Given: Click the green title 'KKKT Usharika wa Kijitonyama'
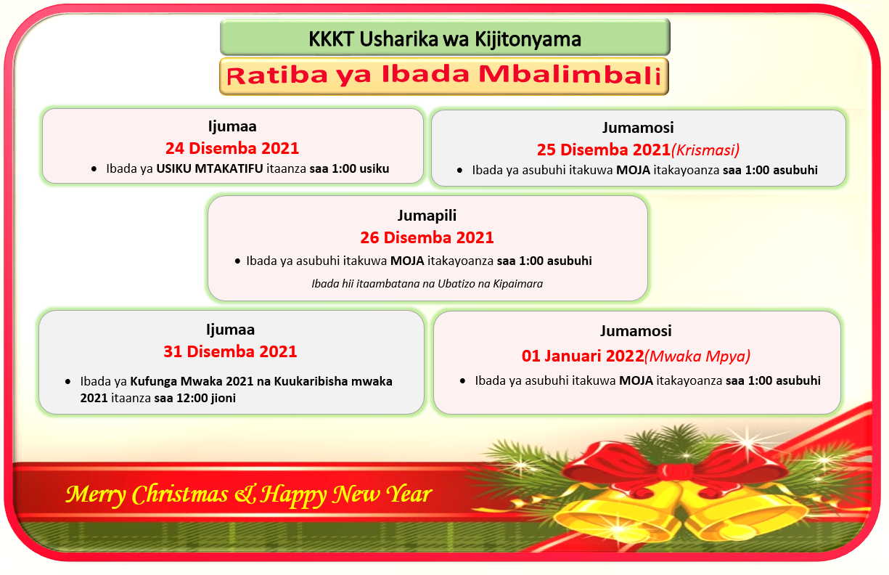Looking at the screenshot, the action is pos(445,39).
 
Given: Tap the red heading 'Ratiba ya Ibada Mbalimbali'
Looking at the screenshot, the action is pos(443,75).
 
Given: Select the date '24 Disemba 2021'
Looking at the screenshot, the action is pos(232,148).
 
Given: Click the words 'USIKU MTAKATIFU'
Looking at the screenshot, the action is pos(210,168).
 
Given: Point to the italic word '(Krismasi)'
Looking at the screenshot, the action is pos(705,150).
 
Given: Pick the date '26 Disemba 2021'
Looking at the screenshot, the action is pos(427,237).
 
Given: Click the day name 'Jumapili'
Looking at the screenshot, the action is pos(427,216).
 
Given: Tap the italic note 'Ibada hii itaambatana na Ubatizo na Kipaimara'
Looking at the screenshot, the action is pos(427,284).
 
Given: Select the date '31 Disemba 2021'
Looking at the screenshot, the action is pos(230,351).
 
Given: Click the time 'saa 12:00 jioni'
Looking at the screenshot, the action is pos(195,398).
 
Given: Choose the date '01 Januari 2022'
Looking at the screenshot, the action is pos(583,356).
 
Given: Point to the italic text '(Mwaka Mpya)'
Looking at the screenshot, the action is pos(697,356).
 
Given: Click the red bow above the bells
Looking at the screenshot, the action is pos(675,467).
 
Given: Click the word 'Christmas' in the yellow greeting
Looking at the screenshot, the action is pos(180,495).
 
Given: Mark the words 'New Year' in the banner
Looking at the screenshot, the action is pos(382,495).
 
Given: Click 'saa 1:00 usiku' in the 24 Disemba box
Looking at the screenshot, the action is pos(349,168).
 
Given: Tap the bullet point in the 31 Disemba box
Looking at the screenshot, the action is pos(68,382).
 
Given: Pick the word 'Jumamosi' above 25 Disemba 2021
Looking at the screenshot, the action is pos(638,128).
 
